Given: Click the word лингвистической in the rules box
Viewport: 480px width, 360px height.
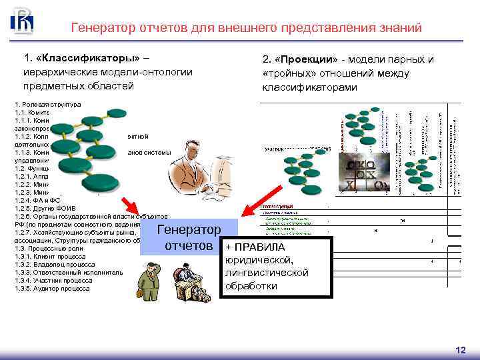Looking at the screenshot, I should coord(267,273).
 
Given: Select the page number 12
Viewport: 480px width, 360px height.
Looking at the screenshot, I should coord(460,350).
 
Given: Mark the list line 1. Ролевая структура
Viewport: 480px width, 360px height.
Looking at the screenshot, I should coord(47,105).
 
